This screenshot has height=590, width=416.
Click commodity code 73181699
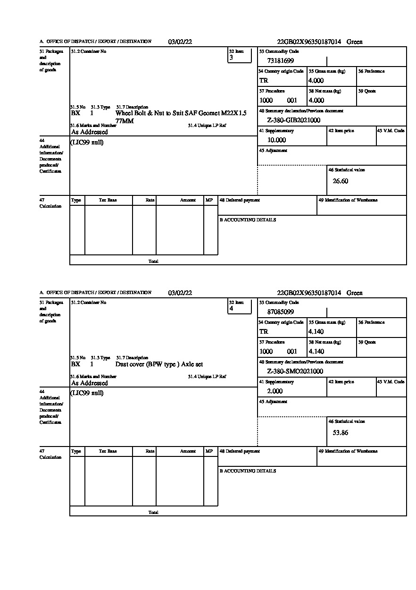tap(281, 61)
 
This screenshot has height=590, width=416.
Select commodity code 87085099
tap(281, 312)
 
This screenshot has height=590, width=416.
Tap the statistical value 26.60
tap(341, 181)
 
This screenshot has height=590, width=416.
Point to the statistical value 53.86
tap(341, 432)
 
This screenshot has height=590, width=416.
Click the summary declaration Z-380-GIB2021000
tap(293, 120)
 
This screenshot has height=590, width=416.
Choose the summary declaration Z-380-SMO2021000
tap(295, 371)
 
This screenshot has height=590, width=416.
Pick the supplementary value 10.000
tap(276, 140)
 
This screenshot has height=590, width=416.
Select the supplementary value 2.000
tap(275, 391)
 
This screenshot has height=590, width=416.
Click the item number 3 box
tap(240, 55)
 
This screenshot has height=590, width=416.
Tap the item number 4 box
tap(240, 306)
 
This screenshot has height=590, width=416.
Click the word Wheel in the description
tap(125, 113)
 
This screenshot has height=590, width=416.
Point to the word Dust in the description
tap(123, 364)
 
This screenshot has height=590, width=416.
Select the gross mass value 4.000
tap(316, 81)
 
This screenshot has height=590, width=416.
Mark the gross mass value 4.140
tap(316, 332)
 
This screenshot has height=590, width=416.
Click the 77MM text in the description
tap(125, 121)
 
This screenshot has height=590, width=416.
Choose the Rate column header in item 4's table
tap(150, 451)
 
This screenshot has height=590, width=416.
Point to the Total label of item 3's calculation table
tap(153, 261)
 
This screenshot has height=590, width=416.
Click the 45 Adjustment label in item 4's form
tap(273, 402)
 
